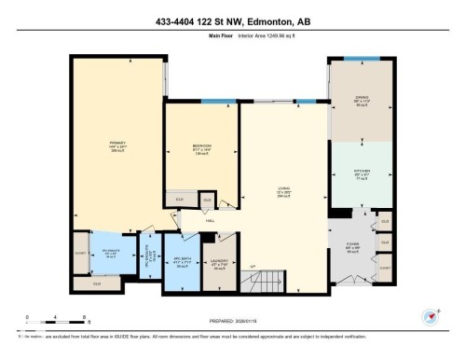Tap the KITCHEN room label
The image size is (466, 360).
363,174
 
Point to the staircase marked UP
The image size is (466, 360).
254,269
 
